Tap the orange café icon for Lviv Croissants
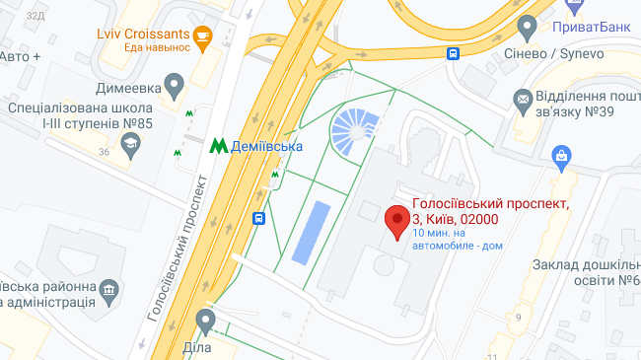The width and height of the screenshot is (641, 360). point(203,37)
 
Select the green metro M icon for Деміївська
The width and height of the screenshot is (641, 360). point(219,145)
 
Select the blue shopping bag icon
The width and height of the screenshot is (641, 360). point(562,155)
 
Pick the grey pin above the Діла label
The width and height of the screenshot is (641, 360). point(205,320)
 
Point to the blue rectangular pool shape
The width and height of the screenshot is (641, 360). point(308,233)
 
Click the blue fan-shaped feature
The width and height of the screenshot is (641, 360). point(354,132)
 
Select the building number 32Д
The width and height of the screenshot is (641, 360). point(36,15)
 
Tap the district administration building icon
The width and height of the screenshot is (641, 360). point(109,290)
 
